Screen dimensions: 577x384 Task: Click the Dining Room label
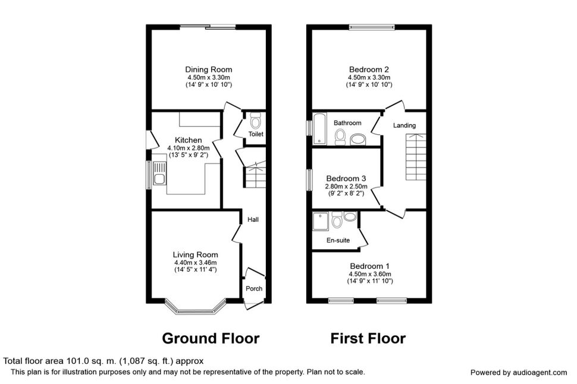pos(209,70)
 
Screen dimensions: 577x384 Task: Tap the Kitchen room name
pos(189,140)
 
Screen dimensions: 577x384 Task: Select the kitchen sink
pos(159,174)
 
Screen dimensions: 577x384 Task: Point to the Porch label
pos(254,289)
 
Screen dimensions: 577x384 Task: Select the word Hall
pos(253,219)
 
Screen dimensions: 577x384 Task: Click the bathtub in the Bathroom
pos(319,128)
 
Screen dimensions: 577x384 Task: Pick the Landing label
pos(404,125)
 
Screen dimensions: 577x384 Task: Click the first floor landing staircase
pos(416,157)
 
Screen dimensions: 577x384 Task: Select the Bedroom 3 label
pos(346,179)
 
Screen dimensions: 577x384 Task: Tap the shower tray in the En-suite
pos(321,221)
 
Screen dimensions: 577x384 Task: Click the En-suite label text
pos(338,241)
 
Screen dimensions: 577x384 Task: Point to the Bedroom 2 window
pos(372,27)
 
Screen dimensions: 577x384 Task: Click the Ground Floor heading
pos(211,338)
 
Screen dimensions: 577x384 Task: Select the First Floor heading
pos(368,338)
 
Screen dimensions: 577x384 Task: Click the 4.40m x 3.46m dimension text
pos(195,263)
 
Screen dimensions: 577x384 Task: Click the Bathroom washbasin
pos(358,140)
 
